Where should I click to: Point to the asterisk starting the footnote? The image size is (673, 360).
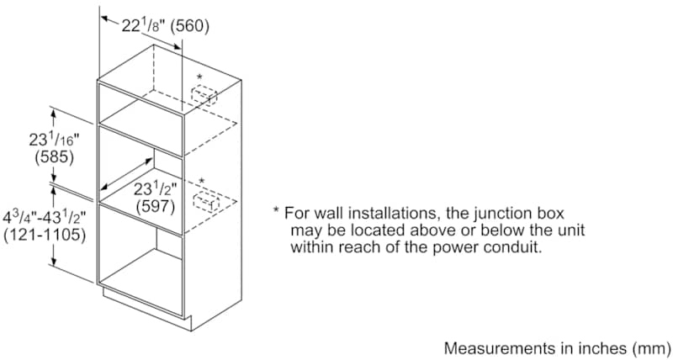click(x=275, y=213)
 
